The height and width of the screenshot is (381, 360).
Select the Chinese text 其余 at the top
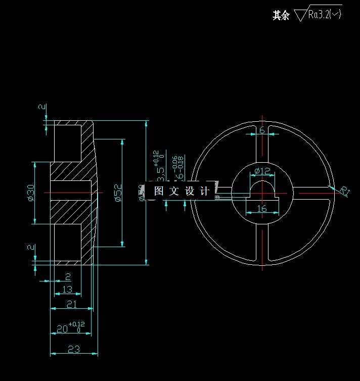[x=281, y=15]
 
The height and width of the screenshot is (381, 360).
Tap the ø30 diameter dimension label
[x=31, y=193]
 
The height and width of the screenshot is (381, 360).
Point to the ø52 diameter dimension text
[x=118, y=193]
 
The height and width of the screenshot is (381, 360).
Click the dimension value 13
[x=67, y=289]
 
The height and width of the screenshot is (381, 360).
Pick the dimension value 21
[x=71, y=304]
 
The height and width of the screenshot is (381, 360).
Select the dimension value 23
[x=74, y=349]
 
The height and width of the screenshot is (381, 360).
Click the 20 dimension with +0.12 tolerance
[x=62, y=329]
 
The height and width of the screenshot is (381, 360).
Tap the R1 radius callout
[x=345, y=191]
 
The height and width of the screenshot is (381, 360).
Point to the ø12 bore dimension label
[x=262, y=170]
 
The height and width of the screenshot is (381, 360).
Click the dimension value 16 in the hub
[x=261, y=208]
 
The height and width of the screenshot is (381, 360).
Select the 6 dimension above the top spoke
[x=262, y=130]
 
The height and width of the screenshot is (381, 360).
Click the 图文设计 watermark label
[x=182, y=191]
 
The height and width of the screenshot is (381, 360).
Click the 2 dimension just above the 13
[x=68, y=276]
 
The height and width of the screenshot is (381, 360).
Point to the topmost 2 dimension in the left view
[x=42, y=107]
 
